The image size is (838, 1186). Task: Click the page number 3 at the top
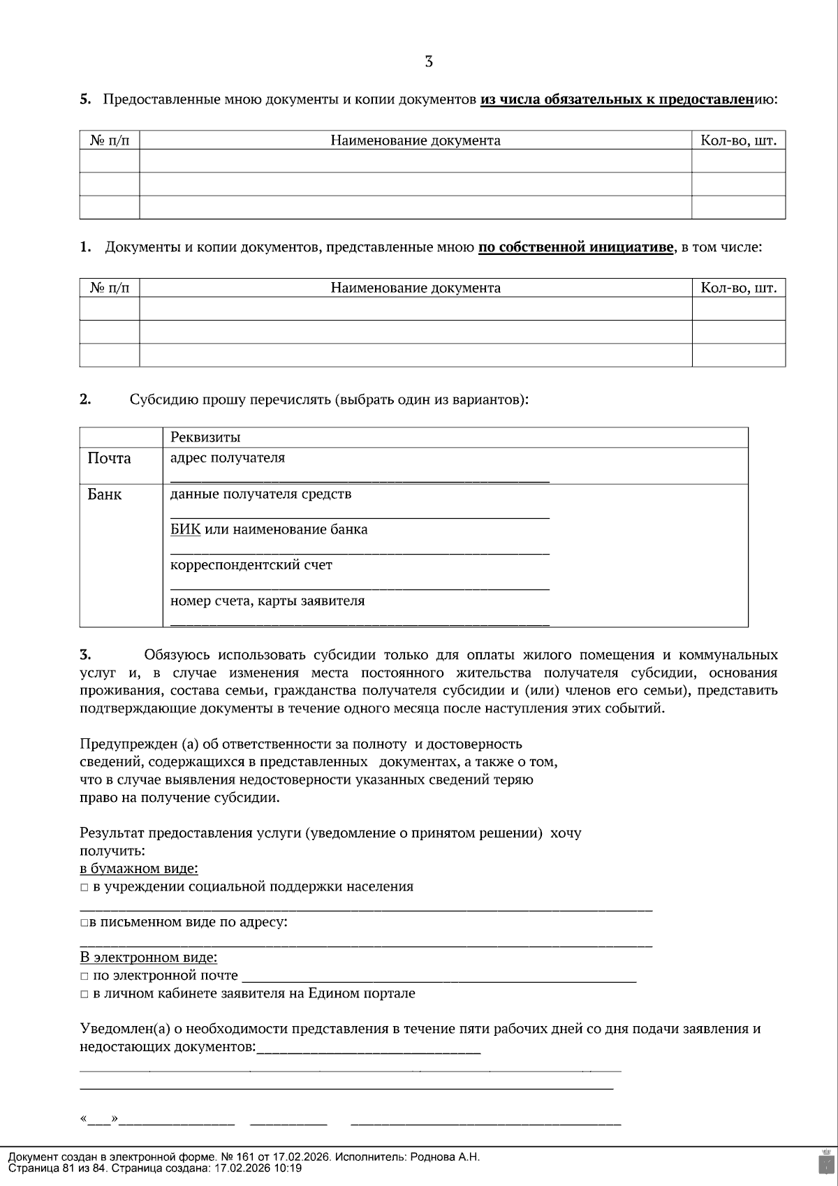(x=428, y=62)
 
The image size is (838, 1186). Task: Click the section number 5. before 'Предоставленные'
(x=85, y=99)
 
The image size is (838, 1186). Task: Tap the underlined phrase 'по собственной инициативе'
(x=576, y=247)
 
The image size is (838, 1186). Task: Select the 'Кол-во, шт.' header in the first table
(x=738, y=140)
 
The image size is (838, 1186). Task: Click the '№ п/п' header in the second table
(x=110, y=288)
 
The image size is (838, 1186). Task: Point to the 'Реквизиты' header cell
(x=205, y=437)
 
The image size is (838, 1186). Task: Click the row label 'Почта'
(x=109, y=458)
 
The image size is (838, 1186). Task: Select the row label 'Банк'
(x=105, y=495)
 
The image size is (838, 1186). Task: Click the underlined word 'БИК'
(x=185, y=529)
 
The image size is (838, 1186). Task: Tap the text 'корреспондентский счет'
(x=251, y=565)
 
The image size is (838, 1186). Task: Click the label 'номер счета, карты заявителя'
(x=267, y=601)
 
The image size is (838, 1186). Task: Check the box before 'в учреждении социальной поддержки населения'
(x=84, y=887)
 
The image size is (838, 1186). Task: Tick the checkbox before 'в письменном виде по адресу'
(x=84, y=923)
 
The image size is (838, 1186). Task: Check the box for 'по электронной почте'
(x=84, y=976)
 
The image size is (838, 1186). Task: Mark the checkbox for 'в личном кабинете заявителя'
(x=84, y=994)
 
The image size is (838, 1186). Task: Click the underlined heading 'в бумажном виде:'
(x=138, y=869)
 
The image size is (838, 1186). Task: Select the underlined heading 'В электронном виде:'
(x=148, y=958)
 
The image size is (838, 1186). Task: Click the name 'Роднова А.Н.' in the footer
(x=445, y=1157)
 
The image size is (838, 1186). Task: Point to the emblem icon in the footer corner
(x=825, y=1161)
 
